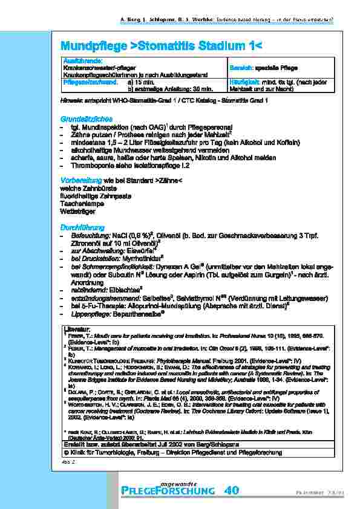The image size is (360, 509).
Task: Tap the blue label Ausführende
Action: coord(81,61)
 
